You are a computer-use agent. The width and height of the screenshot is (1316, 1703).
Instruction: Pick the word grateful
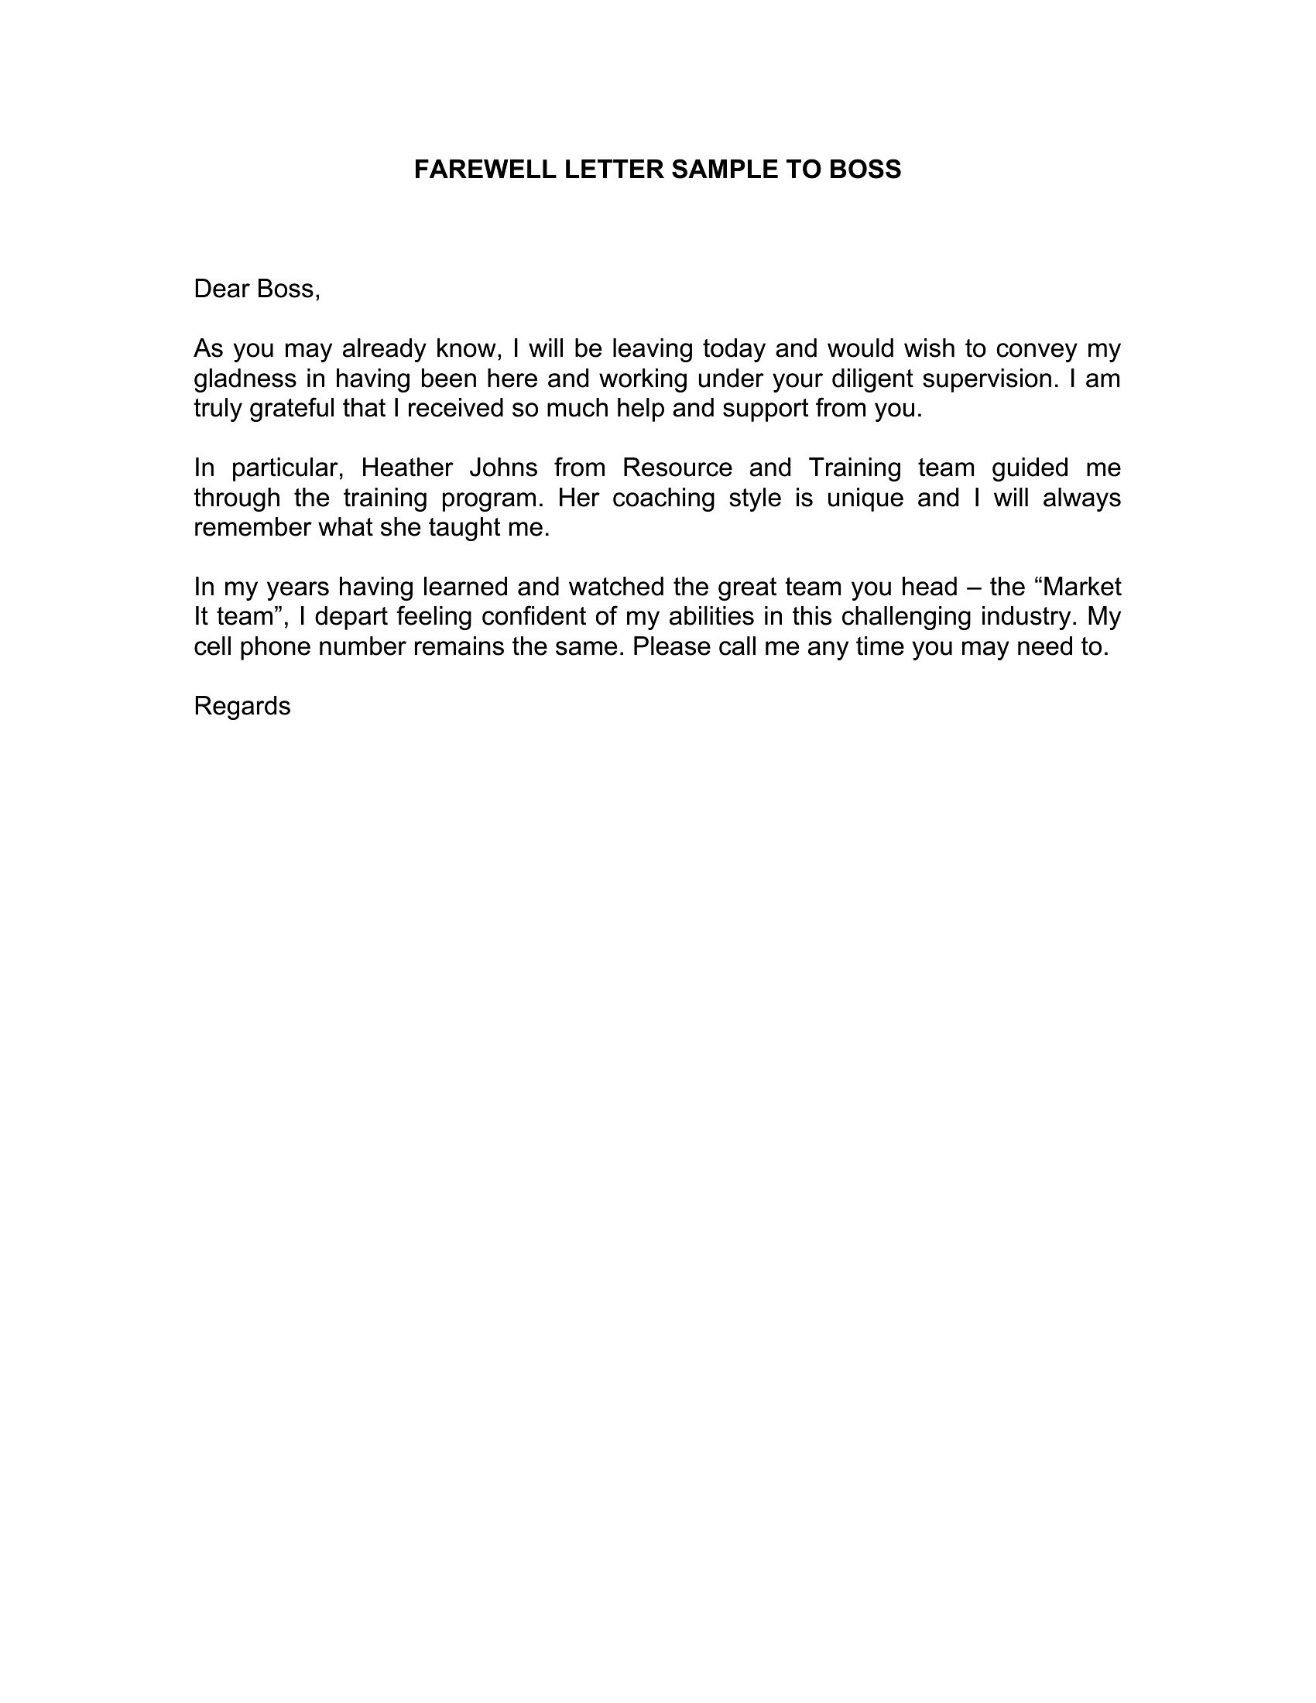[293, 409]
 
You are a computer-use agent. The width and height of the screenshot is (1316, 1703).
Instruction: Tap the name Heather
[406, 468]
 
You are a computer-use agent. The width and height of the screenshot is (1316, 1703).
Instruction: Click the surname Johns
[504, 468]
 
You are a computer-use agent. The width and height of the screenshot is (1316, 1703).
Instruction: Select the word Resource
[677, 468]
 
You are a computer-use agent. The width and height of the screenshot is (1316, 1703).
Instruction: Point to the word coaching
[663, 499]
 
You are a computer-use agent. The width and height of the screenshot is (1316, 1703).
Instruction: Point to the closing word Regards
[242, 707]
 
